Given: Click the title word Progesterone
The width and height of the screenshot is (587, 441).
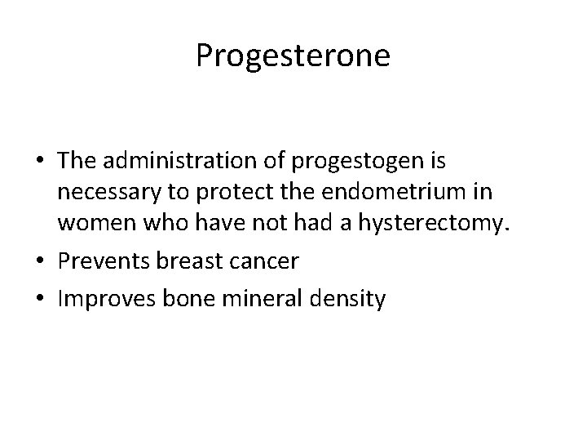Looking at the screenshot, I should point(293,56).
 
